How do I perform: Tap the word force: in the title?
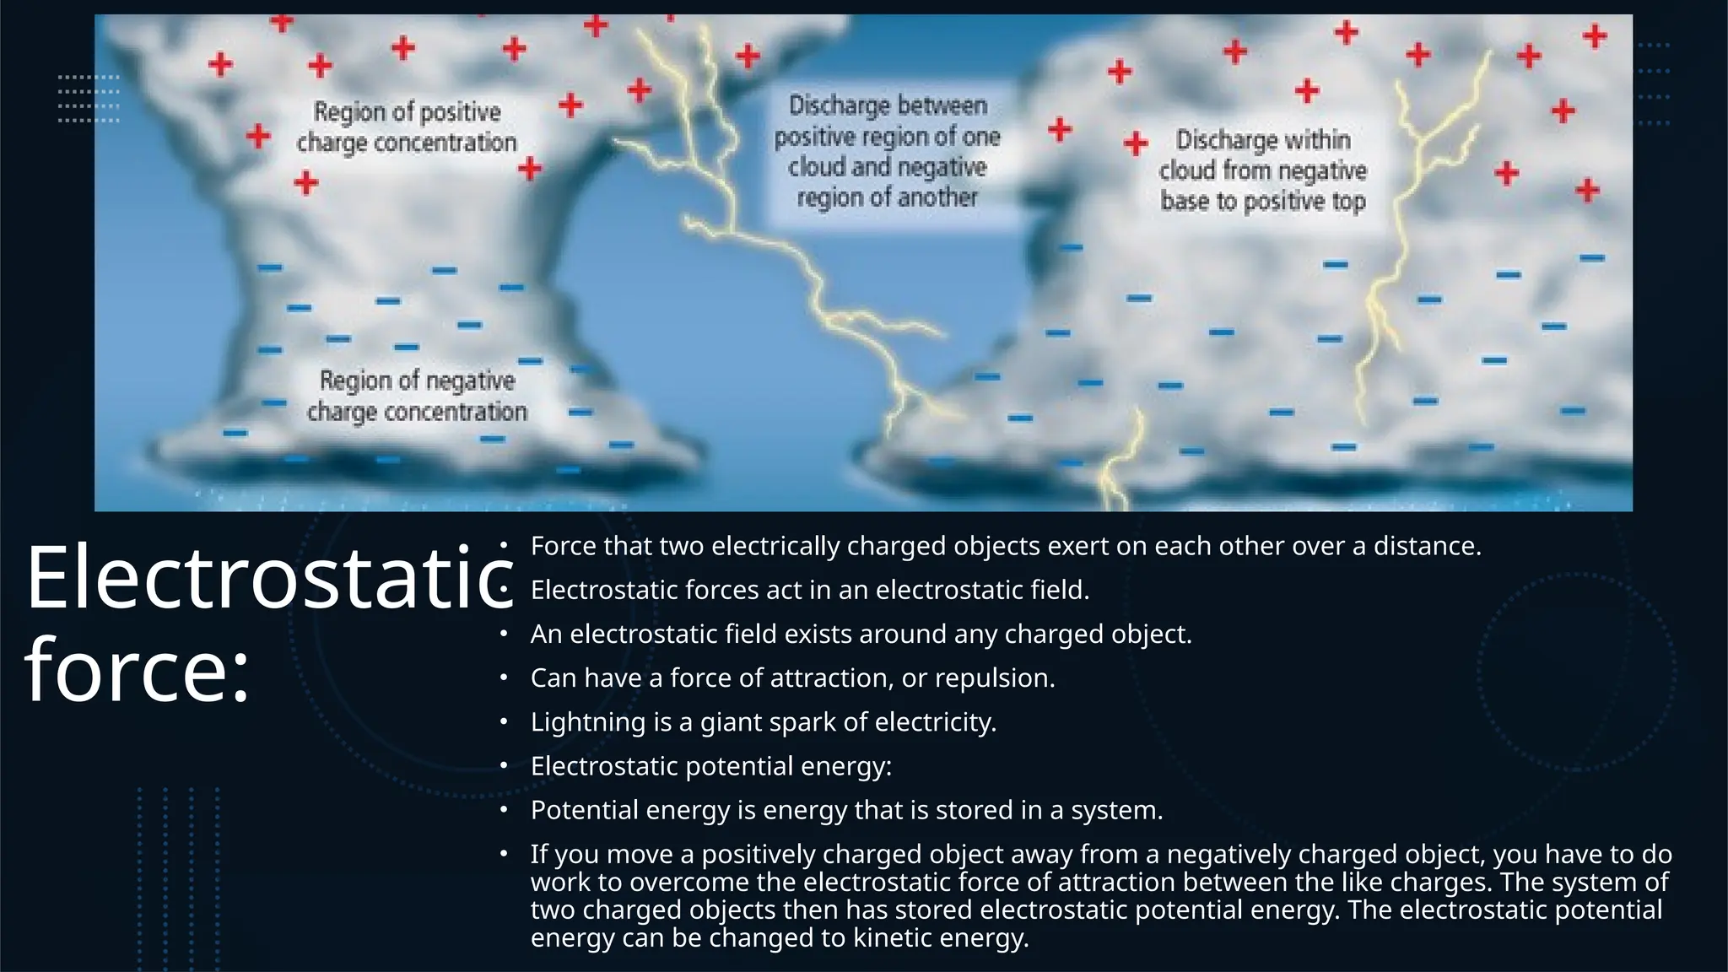tap(138, 670)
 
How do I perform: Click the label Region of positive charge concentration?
tap(407, 127)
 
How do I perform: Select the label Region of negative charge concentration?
tap(417, 396)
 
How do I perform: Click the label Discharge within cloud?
tap(1262, 170)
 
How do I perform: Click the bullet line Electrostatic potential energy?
tap(710, 766)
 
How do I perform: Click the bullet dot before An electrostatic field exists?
tap(503, 634)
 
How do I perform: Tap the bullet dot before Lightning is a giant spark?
tap(503, 722)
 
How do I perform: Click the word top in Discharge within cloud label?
tap(1348, 202)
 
